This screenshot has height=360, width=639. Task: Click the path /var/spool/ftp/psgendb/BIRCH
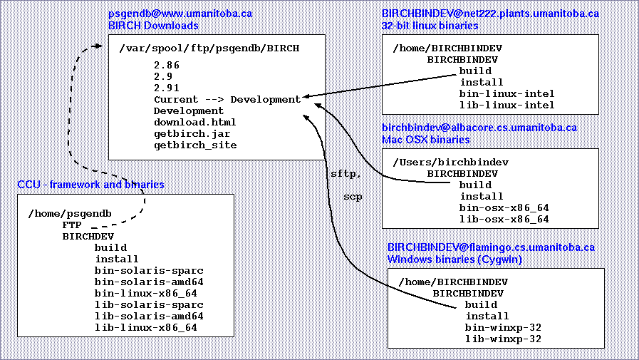209,48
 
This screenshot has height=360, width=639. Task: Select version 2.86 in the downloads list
166,66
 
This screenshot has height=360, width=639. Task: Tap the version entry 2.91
166,88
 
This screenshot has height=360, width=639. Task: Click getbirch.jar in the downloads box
192,134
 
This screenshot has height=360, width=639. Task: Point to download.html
194,123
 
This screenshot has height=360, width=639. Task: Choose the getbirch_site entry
195,145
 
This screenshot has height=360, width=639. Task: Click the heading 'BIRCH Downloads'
153,26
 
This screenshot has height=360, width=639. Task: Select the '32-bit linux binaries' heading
430,26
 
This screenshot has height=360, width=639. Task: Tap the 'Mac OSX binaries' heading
425,140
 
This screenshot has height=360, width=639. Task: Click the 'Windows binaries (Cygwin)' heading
454,259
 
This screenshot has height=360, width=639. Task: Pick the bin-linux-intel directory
506,94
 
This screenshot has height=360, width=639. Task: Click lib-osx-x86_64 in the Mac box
504,220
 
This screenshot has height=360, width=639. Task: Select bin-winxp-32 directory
503,328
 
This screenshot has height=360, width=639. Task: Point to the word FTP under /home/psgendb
72,225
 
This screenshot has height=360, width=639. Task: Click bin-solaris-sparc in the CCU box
149,271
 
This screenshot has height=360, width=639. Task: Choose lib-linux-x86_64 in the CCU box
146,328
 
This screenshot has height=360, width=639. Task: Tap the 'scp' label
353,197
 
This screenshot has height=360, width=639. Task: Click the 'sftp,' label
346,174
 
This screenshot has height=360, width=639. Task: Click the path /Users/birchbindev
451,163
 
